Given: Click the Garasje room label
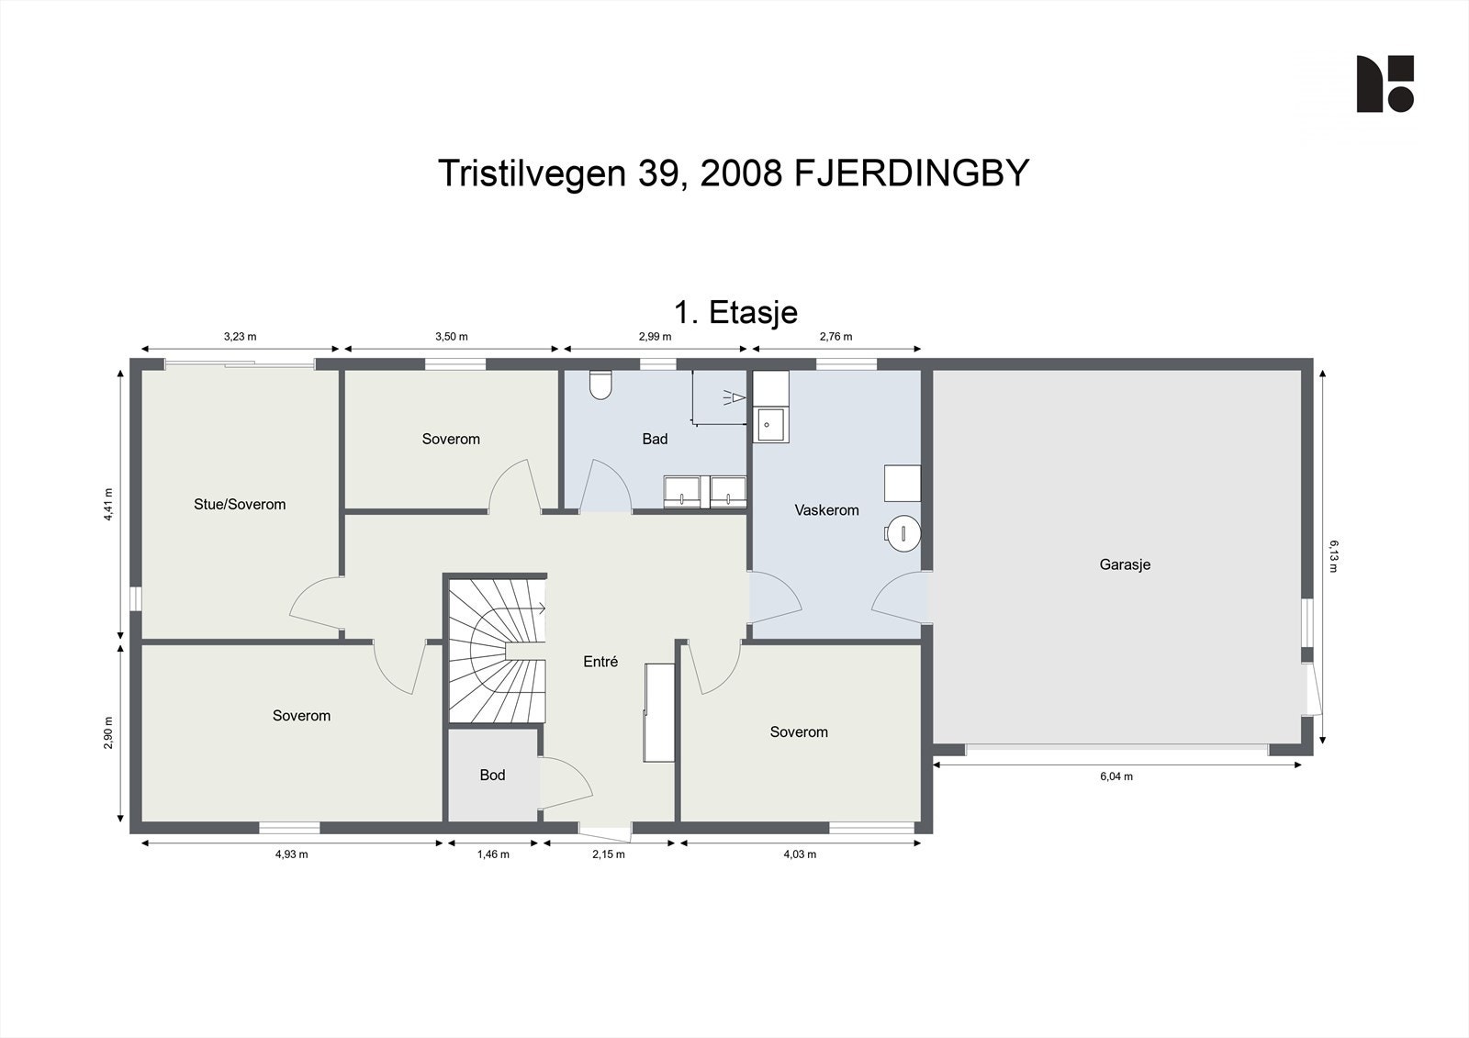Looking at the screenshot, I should [1125, 564].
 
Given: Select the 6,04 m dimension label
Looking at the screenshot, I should [1116, 776].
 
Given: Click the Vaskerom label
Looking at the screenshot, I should [826, 510].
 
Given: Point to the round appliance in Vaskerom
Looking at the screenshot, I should [903, 532].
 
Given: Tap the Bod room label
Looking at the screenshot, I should [492, 776].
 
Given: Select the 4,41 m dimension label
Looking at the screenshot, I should [108, 504].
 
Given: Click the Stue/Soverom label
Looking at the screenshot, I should [240, 504].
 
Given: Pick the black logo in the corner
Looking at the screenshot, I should [1385, 84].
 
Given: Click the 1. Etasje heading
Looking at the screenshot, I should [735, 312].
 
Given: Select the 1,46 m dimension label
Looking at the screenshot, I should [493, 854].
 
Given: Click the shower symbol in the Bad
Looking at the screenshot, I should [734, 396].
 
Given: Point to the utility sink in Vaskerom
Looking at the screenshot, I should [769, 425].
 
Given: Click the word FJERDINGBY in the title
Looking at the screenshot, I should [911, 173].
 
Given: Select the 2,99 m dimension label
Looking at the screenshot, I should [655, 337].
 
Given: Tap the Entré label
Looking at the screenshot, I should [600, 662].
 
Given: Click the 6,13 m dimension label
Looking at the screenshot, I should [1333, 555].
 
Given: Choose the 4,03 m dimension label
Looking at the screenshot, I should [799, 854].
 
